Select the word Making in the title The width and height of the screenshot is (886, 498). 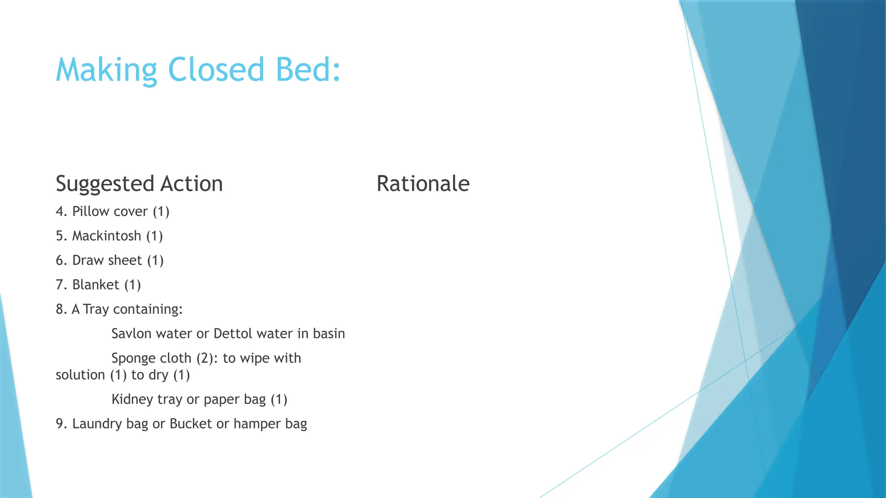coord(106,70)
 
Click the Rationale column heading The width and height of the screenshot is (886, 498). coord(423,183)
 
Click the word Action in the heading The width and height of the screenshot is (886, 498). coord(191,183)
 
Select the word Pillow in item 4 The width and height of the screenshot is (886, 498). coord(90,211)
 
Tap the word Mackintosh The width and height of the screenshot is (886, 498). coord(106,236)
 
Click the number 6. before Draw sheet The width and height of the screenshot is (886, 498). coord(61,260)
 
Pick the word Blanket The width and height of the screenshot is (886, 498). coord(95,285)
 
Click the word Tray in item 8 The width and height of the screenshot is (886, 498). coord(96,310)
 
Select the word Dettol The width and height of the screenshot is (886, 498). coord(233,334)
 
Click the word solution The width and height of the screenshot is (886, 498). coord(80,375)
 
